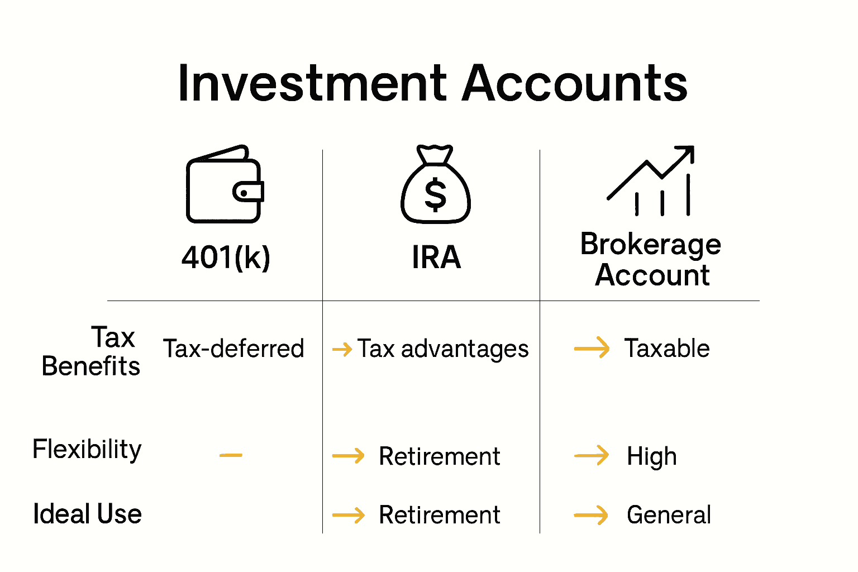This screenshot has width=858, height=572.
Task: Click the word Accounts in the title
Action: click(575, 84)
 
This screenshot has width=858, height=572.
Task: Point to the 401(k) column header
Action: click(226, 258)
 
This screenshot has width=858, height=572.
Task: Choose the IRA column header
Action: click(436, 258)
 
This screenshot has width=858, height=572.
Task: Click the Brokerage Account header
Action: click(651, 260)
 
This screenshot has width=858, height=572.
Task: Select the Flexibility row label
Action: click(87, 450)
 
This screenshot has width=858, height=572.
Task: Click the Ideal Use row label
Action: click(87, 514)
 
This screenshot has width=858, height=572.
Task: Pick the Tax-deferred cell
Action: click(233, 349)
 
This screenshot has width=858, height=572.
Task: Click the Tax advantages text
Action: click(443, 349)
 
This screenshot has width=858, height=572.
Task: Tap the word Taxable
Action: click(667, 349)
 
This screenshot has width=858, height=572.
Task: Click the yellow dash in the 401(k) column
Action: click(231, 455)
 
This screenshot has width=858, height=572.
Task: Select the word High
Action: click(652, 456)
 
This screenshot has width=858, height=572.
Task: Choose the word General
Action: click(669, 514)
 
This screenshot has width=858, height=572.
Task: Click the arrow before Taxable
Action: click(592, 348)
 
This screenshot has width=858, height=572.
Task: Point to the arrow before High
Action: click(592, 456)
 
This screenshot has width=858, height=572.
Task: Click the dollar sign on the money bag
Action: click(436, 194)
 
